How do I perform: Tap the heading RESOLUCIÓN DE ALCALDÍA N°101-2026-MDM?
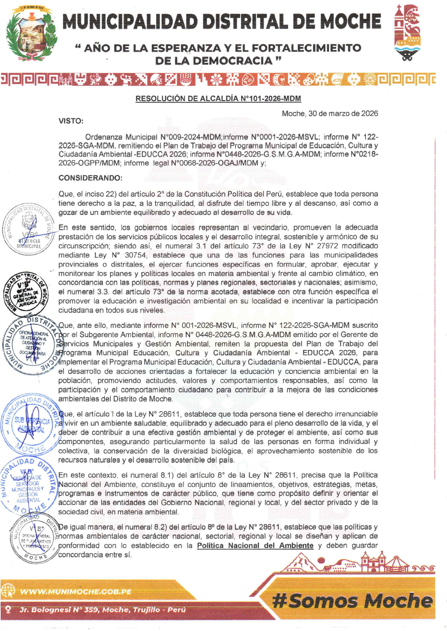218,99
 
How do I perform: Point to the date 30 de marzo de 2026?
343,113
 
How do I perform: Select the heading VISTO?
71,121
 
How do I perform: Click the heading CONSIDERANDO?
90,178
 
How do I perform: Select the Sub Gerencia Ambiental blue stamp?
30,424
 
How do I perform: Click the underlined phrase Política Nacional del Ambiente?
255,545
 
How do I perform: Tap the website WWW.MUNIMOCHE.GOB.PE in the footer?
76,592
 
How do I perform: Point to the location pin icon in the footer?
8,610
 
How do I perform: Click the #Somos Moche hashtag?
352,600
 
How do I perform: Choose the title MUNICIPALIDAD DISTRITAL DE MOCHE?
222,21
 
